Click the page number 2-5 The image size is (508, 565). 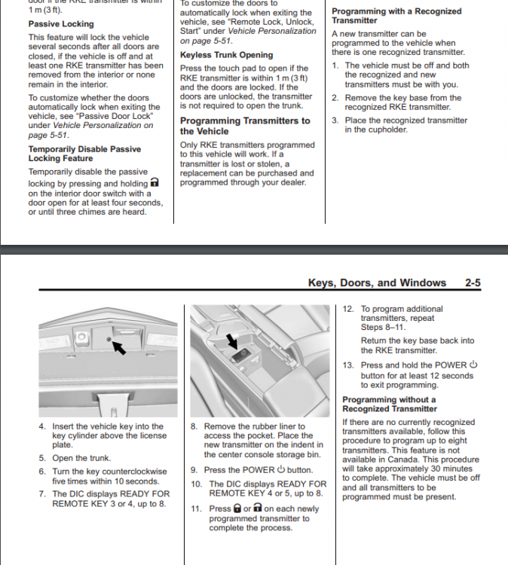[473, 282]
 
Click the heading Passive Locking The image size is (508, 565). [61, 24]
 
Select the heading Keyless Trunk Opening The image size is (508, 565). [226, 55]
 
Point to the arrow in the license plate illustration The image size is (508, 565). [122, 347]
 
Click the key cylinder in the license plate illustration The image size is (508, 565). [109, 343]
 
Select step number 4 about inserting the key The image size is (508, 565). [42, 426]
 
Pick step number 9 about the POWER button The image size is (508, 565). [195, 470]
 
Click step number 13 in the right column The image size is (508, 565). [347, 365]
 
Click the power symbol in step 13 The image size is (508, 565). [474, 365]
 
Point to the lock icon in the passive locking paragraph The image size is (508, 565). [155, 182]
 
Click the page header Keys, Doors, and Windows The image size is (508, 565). [377, 282]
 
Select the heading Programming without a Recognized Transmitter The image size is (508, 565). [389, 404]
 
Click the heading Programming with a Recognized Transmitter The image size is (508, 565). [397, 16]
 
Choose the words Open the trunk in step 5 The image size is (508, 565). [81, 458]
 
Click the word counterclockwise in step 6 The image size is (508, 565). [133, 471]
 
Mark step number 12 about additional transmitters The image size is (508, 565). [347, 309]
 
